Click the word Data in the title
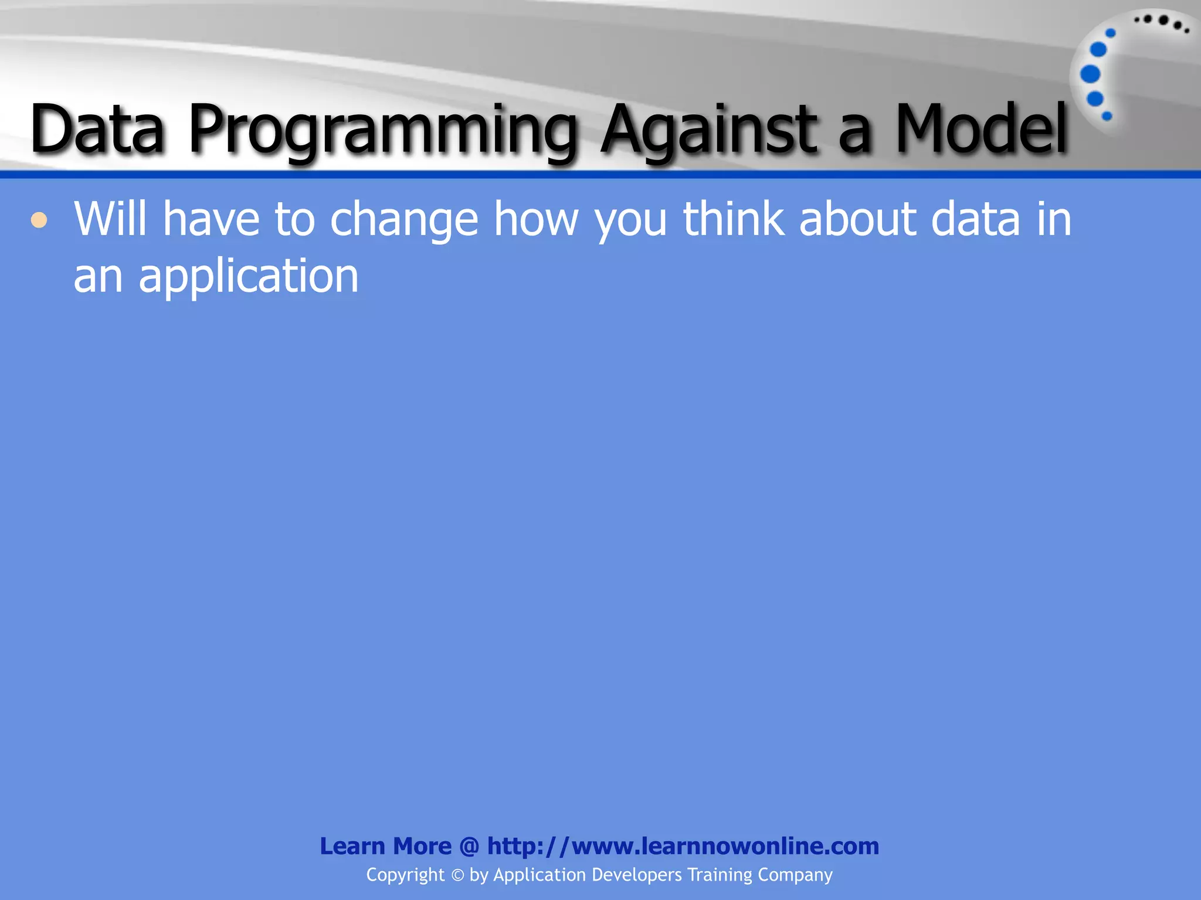point(97,129)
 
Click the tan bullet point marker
point(39,221)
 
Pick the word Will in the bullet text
point(110,219)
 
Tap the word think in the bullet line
point(733,219)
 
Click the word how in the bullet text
point(536,219)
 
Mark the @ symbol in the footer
point(469,846)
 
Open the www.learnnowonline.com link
point(683,846)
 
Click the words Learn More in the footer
point(385,846)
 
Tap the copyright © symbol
point(457,875)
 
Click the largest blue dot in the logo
point(1090,74)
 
